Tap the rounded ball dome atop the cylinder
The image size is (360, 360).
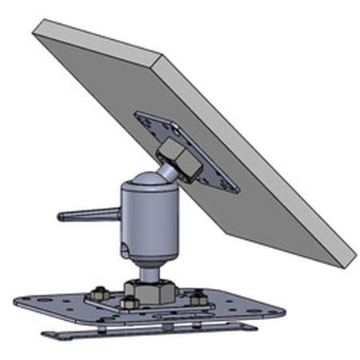click(148, 182)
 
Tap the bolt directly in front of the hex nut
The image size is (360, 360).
click(128, 303)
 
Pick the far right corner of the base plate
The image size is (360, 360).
click(282, 310)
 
